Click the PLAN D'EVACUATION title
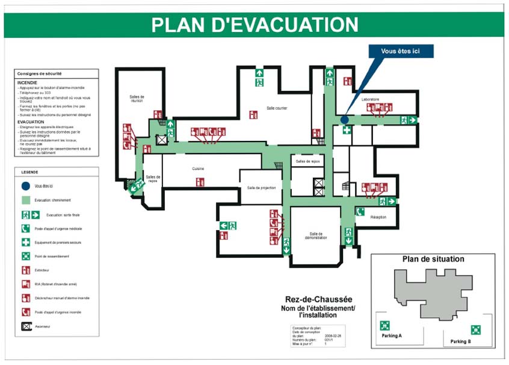[254, 25]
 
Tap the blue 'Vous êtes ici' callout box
[400, 51]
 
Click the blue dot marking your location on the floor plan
[344, 119]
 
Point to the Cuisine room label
[199, 169]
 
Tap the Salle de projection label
[261, 188]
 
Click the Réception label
[378, 217]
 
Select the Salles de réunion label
[137, 99]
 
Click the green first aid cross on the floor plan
[347, 130]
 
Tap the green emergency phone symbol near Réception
[360, 211]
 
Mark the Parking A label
[391, 335]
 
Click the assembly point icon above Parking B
[475, 329]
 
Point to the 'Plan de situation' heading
[433, 259]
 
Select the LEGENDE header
[29, 172]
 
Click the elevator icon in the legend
[26, 326]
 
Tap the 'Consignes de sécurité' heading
[39, 73]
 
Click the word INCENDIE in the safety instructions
[27, 82]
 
